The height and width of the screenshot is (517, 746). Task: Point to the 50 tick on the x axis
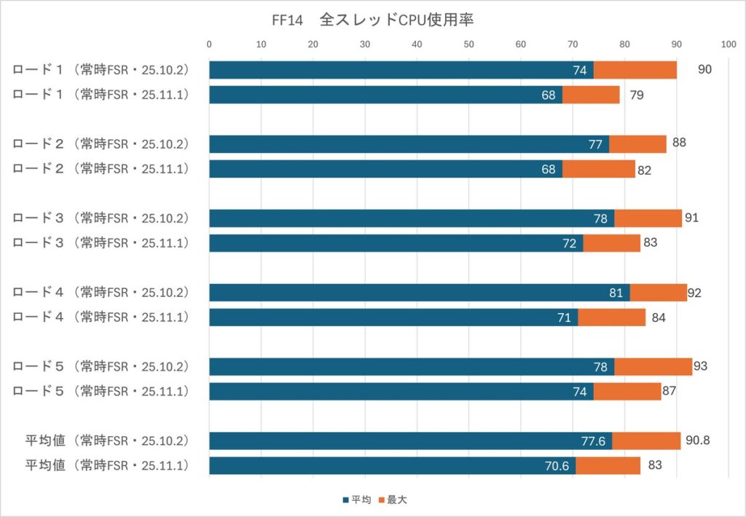coord(469,45)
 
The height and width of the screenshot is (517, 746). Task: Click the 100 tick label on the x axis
coord(729,45)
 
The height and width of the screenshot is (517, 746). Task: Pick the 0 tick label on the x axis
coord(210,45)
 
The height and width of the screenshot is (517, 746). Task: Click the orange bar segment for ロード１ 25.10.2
coord(635,70)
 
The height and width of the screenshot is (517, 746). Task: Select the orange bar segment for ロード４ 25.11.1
coord(611,317)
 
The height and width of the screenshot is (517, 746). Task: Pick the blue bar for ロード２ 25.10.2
coord(409,144)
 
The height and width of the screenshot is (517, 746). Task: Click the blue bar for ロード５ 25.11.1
coord(401,392)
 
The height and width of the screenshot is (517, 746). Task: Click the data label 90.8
coord(698,441)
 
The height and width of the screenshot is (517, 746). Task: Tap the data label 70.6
coord(559,466)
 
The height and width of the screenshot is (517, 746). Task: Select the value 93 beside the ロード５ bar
coord(700,366)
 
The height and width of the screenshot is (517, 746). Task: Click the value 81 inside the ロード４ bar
coord(616,293)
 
